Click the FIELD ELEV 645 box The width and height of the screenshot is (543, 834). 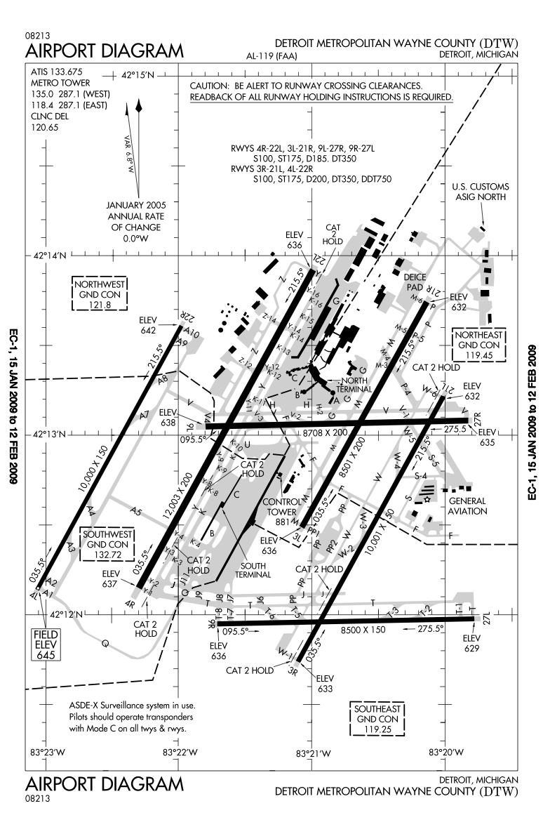point(41,644)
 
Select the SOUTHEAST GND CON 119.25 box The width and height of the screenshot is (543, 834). point(377,720)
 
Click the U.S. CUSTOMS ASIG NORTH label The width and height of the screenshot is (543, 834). point(481,192)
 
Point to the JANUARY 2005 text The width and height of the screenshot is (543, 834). point(135,205)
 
